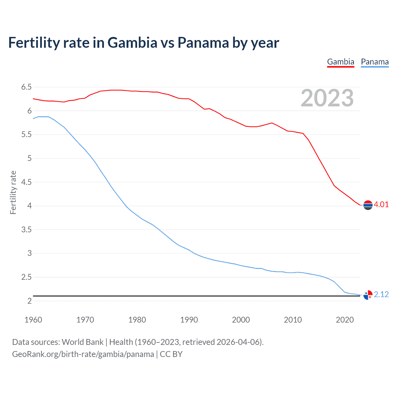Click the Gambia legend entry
[x=341, y=62]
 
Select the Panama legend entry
[x=375, y=62]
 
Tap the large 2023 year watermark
[x=327, y=98]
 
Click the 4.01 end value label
[x=381, y=204]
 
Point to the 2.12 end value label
[x=381, y=294]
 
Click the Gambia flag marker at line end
[x=368, y=205]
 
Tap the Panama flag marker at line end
[x=368, y=295]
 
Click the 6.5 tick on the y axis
[x=26, y=87]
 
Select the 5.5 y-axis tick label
[x=26, y=135]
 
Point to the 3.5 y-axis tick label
[x=26, y=230]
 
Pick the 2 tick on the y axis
[x=29, y=301]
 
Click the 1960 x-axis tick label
[x=33, y=320]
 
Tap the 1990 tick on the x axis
[x=189, y=320]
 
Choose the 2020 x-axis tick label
[x=345, y=320]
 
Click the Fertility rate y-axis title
[x=13, y=192]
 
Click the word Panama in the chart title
[x=203, y=42]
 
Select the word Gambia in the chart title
[x=132, y=42]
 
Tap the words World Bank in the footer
[x=83, y=342]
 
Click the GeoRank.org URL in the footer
[x=83, y=354]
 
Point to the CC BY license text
[x=171, y=354]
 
